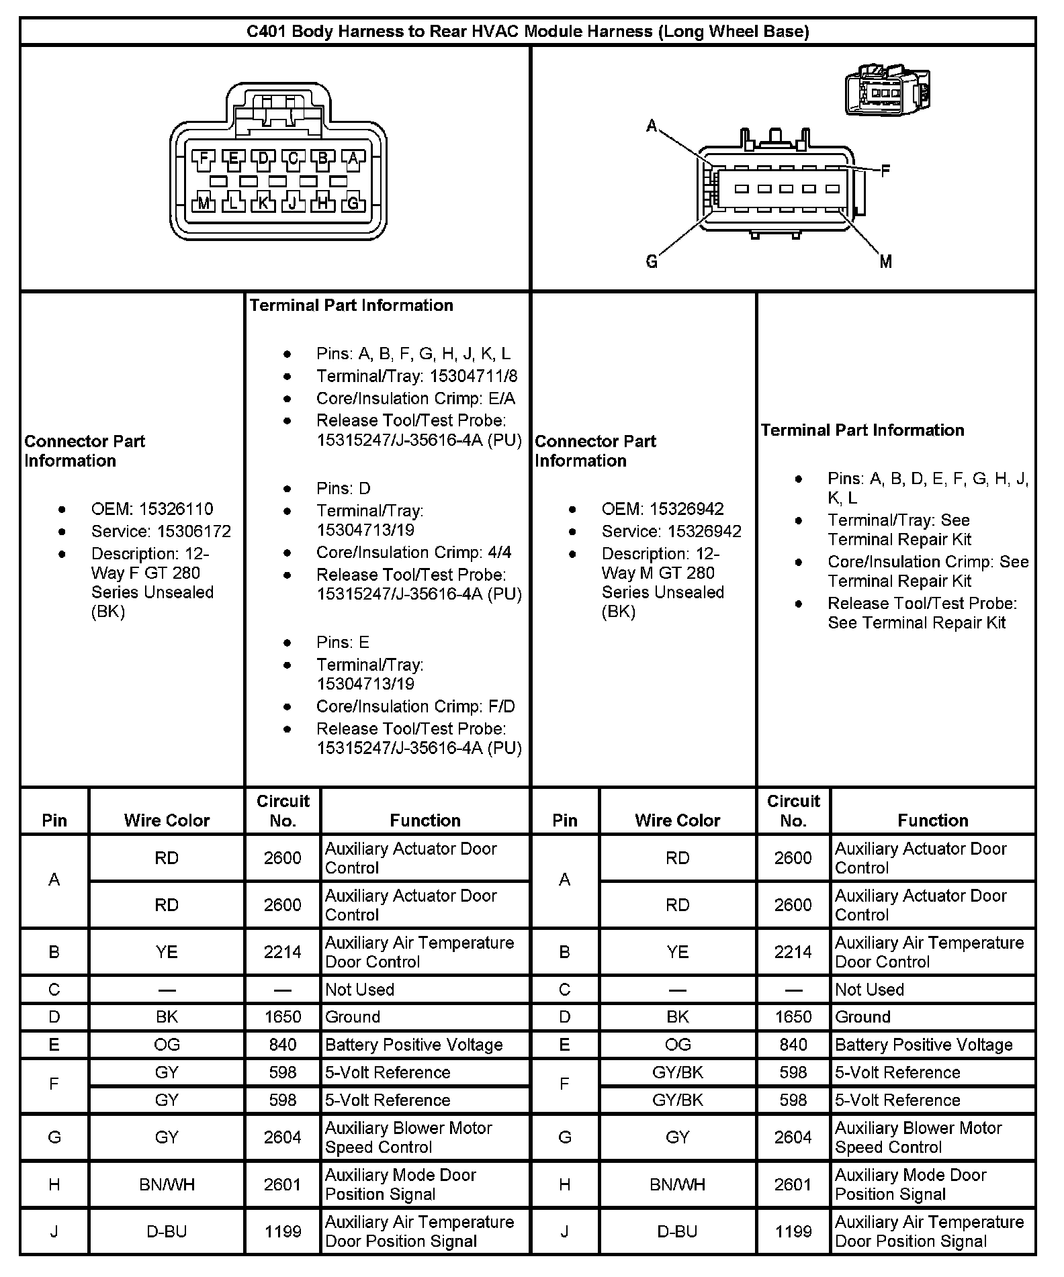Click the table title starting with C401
(527, 32)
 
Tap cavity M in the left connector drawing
(204, 202)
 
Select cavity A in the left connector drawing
(353, 158)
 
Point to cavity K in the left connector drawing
(263, 202)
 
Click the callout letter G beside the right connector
(651, 261)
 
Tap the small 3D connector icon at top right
(886, 90)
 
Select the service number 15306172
(193, 531)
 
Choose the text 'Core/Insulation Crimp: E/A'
(415, 398)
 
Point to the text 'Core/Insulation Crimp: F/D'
(415, 706)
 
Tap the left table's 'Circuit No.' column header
(283, 810)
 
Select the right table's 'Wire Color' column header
(677, 820)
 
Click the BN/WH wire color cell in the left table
(167, 1184)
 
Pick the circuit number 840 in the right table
(793, 1044)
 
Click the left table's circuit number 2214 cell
(283, 951)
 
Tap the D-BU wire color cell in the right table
(677, 1231)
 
